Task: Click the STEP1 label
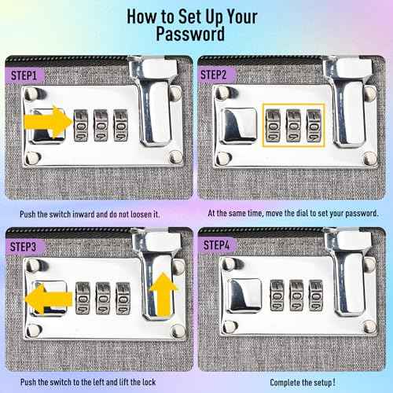pos(24,75)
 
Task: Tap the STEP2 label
pos(213,75)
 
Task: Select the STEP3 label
pos(23,247)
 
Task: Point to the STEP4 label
pos(216,245)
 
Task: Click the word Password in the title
pos(190,34)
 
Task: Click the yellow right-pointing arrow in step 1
pos(48,122)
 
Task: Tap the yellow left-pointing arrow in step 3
pos(49,299)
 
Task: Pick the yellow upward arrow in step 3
pos(163,293)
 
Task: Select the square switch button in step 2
pos(239,125)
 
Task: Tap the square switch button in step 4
pos(244,296)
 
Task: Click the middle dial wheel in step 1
pos(101,126)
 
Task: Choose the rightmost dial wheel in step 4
pos(316,296)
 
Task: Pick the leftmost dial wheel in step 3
pos(83,299)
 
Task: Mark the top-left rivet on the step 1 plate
pos(33,92)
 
